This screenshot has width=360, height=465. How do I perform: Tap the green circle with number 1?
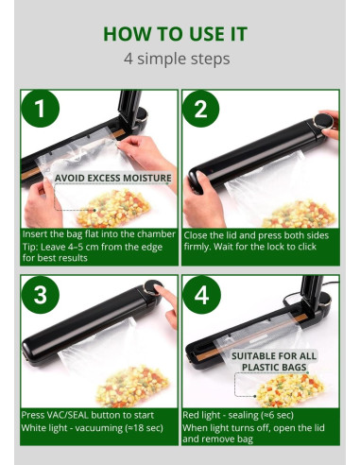(40, 110)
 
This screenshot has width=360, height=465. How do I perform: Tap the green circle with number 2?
(200, 110)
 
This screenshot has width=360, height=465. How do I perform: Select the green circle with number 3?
(40, 294)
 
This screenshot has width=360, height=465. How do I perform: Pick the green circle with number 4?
(200, 294)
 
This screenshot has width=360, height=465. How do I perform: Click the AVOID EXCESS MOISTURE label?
(112, 178)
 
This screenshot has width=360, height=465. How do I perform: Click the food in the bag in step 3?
(132, 386)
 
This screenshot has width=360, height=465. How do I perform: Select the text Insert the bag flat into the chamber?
(99, 233)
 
